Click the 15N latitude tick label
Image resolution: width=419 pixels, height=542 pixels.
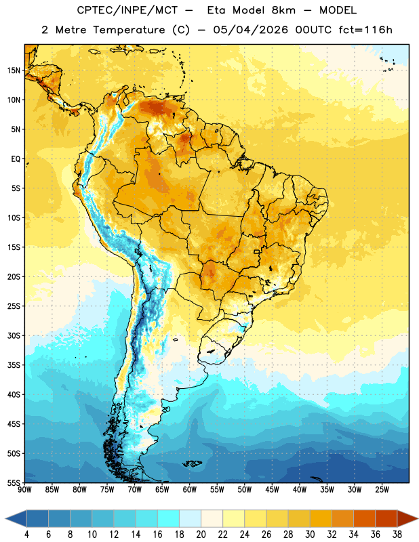pos(14,70)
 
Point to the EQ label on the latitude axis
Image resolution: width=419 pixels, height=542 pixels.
pos(16,159)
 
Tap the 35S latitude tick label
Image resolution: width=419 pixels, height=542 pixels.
pos(14,365)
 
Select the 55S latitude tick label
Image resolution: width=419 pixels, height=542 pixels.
pos(14,482)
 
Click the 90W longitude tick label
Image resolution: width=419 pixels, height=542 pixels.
pos(24,490)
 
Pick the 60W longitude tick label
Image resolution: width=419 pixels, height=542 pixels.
pos(190,490)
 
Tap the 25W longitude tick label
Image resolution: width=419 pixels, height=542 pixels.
pos(382,490)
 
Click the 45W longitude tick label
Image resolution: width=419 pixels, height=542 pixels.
pos(272,490)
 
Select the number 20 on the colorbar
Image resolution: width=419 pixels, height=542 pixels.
pos(201,535)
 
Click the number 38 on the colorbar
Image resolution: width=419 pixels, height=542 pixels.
pos(397,535)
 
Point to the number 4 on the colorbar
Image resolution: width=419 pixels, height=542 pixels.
pos(26,535)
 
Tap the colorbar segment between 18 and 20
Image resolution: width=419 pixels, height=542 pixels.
pos(191,518)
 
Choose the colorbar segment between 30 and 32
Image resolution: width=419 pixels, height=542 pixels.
pos(321,518)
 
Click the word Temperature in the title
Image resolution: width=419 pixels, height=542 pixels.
pos(129,30)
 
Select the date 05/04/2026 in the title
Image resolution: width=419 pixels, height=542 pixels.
pos(250,30)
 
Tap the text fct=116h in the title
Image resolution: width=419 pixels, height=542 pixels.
pos(365,30)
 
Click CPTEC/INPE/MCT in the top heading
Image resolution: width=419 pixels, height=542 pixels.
pos(127,10)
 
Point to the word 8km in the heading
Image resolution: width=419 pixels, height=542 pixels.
pos(283,10)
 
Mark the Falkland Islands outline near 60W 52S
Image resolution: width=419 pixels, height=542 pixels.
pos(192,463)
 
